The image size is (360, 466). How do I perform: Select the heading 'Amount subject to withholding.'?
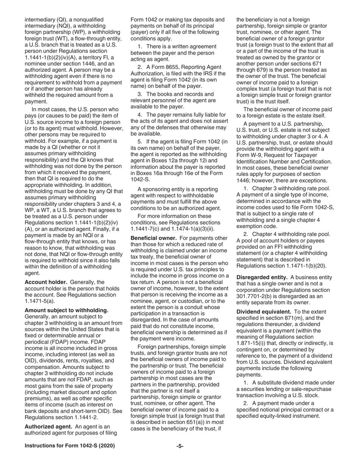(66, 310)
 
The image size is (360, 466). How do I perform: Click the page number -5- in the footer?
(180, 446)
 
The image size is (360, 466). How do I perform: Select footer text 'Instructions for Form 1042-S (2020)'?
(70, 446)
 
